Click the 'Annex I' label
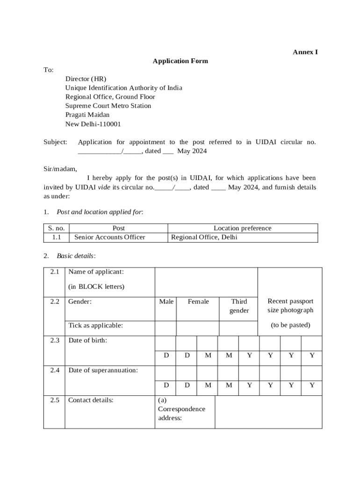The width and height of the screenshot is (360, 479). tap(305, 52)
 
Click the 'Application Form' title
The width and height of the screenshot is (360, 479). tap(180, 61)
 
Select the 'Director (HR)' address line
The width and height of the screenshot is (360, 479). tap(86, 79)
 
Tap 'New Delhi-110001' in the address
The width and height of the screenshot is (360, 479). tap(93, 124)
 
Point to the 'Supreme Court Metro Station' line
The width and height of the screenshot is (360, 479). tap(108, 106)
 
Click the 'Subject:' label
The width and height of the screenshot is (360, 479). tap(55, 142)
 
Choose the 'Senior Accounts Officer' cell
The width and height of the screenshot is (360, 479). tap(110, 237)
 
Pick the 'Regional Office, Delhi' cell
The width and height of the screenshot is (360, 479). tap(204, 237)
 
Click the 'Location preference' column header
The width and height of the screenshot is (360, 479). tap(242, 228)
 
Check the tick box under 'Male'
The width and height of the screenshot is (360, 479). tap(166, 328)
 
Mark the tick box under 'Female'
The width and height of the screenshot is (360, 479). tap(198, 328)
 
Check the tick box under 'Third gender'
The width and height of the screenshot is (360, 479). tap(238, 328)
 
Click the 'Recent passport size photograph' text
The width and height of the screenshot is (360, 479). tap(290, 305)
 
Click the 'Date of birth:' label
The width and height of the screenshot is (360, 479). tap(88, 340)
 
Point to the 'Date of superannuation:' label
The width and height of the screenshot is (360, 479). tap(103, 370)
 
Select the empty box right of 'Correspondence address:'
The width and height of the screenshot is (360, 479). tap(268, 412)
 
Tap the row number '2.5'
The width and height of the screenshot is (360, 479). tap(55, 400)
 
